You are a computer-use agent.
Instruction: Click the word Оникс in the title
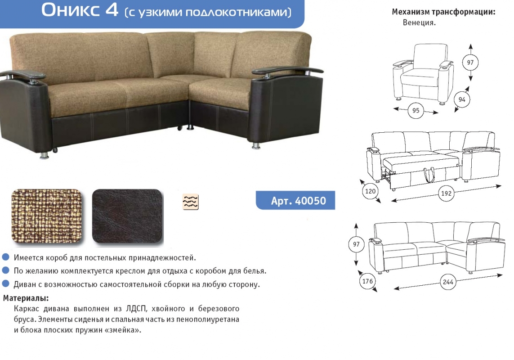point(70,10)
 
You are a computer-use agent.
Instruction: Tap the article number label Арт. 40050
point(298,201)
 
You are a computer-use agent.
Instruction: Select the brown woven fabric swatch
point(47,216)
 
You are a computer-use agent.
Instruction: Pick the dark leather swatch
point(127,216)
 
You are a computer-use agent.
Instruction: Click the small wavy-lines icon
point(191,202)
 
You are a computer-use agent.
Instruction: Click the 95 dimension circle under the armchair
point(416,111)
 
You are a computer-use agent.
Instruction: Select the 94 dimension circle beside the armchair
point(462,99)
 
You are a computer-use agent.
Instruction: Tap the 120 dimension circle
point(370,191)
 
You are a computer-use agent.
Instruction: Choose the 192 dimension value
point(446,193)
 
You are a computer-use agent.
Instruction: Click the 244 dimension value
point(448,282)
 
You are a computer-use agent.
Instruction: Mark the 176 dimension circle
point(367,281)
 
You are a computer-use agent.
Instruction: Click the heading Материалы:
point(26,298)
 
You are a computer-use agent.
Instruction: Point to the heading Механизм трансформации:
point(443,12)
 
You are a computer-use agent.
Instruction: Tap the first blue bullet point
point(5,256)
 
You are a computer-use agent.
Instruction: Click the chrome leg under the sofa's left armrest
point(44,154)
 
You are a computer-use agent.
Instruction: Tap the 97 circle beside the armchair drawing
point(470,63)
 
